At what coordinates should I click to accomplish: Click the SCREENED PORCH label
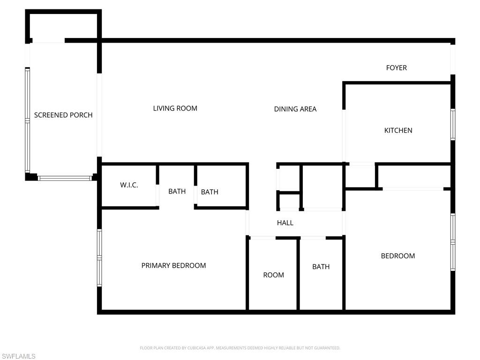coord(63,115)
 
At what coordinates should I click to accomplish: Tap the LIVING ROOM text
coord(175,108)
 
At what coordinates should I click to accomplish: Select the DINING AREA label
coord(295,109)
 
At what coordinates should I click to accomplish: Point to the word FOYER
coord(396,67)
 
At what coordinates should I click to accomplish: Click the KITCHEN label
coord(398,130)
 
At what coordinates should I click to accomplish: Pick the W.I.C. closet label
coord(129,185)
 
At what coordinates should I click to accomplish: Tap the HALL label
coord(285,223)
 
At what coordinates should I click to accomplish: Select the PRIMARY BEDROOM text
coord(173,265)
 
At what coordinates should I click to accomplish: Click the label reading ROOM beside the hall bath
coord(273,275)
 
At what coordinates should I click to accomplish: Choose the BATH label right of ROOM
coord(321,267)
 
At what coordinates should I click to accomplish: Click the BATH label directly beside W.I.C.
coord(177,191)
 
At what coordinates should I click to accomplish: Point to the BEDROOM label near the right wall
coord(397,256)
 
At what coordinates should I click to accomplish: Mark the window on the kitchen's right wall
coord(453,124)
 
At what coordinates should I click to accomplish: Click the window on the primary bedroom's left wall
coord(99,257)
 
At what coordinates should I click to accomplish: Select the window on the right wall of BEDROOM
coord(453,242)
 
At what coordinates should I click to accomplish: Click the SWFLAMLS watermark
coord(18,356)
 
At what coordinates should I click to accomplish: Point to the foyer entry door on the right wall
coord(453,59)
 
